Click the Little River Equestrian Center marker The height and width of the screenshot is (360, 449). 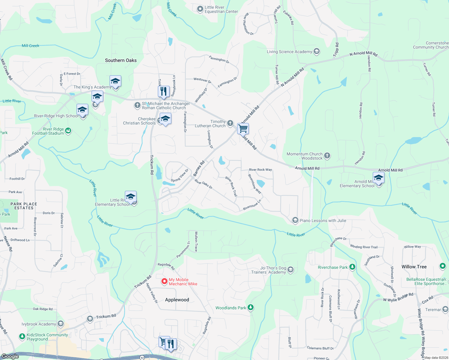pos(200,9)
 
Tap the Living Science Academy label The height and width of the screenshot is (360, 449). pos(289,52)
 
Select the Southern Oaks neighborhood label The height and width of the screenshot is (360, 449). pos(121,60)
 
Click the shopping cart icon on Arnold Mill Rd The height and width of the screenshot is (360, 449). pos(243,128)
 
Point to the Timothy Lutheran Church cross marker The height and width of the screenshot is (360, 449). pos(230,123)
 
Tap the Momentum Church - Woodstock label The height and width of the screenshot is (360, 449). pos(304,156)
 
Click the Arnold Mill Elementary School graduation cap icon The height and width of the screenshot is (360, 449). pos(378,178)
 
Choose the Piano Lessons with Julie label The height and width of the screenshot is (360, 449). pos(323,220)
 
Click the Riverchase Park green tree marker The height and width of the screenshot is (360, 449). pos(352,267)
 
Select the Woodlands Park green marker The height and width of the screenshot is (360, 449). pos(251,307)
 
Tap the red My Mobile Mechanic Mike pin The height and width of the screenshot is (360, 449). pos(164,281)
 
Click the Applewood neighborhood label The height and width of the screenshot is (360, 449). pos(177,300)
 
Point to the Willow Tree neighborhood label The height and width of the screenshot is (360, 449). pos(414,267)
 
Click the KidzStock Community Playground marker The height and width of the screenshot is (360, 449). pos(22,337)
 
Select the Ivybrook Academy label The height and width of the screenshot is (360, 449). pos(39,324)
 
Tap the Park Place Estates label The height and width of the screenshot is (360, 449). pos(24,206)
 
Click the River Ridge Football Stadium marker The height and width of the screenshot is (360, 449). pos(68,130)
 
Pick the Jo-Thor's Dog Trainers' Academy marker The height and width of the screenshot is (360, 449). pos(290,270)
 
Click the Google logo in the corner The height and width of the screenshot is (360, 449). pos(10,356)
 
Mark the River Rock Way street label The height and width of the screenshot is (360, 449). pos(260,169)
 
